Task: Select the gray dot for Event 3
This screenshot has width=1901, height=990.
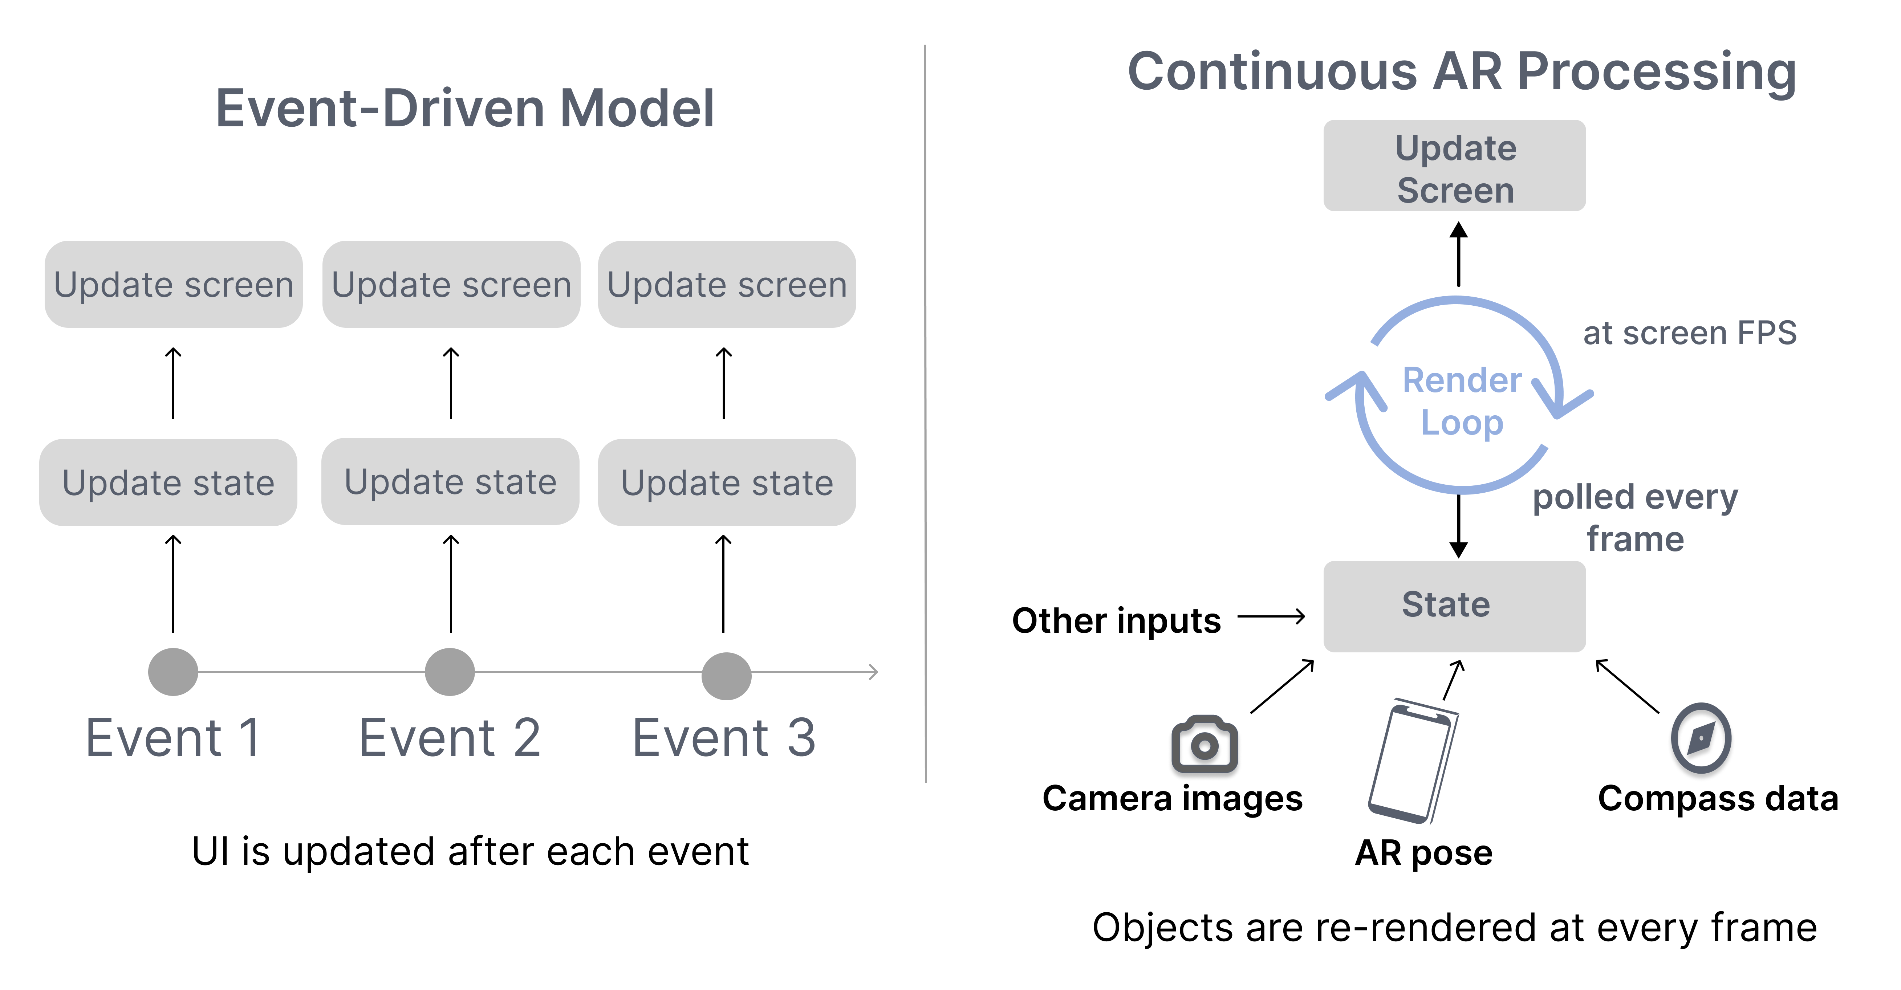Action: click(x=726, y=676)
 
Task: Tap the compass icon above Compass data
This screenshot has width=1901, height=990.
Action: click(x=1701, y=738)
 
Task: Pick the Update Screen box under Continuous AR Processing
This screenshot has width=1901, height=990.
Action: click(x=1454, y=166)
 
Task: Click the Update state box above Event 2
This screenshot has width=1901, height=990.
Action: click(x=450, y=482)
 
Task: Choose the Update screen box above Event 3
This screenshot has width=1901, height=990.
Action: click(x=726, y=284)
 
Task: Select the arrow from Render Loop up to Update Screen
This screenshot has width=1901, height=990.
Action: click(x=1458, y=254)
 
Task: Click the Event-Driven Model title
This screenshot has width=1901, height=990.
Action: click(x=465, y=109)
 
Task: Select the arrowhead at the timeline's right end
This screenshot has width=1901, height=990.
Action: click(x=873, y=672)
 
